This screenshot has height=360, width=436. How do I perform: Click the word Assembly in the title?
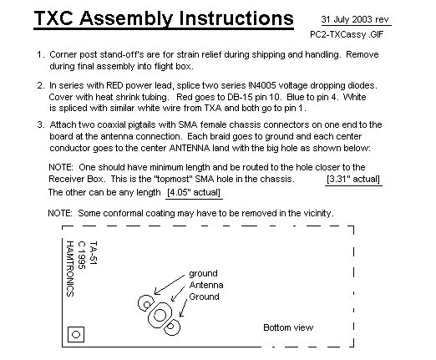coord(126,18)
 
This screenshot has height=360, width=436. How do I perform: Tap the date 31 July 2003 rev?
coord(355,19)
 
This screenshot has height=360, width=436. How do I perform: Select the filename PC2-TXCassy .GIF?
coord(347,34)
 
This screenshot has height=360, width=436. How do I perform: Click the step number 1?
coord(41,54)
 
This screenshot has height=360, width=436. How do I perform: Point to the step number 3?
coord(41,124)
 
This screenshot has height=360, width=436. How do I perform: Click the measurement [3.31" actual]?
coord(353,179)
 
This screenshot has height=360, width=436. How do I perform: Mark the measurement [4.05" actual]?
coord(194,192)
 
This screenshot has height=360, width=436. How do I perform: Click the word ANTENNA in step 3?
coord(190,148)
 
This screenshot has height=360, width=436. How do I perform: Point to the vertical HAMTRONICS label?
coord(70,269)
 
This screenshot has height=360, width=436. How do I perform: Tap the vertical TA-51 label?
coord(94,252)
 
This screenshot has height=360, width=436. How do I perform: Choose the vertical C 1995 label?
coord(82,256)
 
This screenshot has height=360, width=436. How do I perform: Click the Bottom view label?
coord(288,327)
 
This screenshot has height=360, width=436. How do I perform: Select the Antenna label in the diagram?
coord(206,285)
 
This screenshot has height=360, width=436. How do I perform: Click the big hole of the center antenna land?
coord(160,315)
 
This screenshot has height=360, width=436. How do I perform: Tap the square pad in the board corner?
coord(76,334)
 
